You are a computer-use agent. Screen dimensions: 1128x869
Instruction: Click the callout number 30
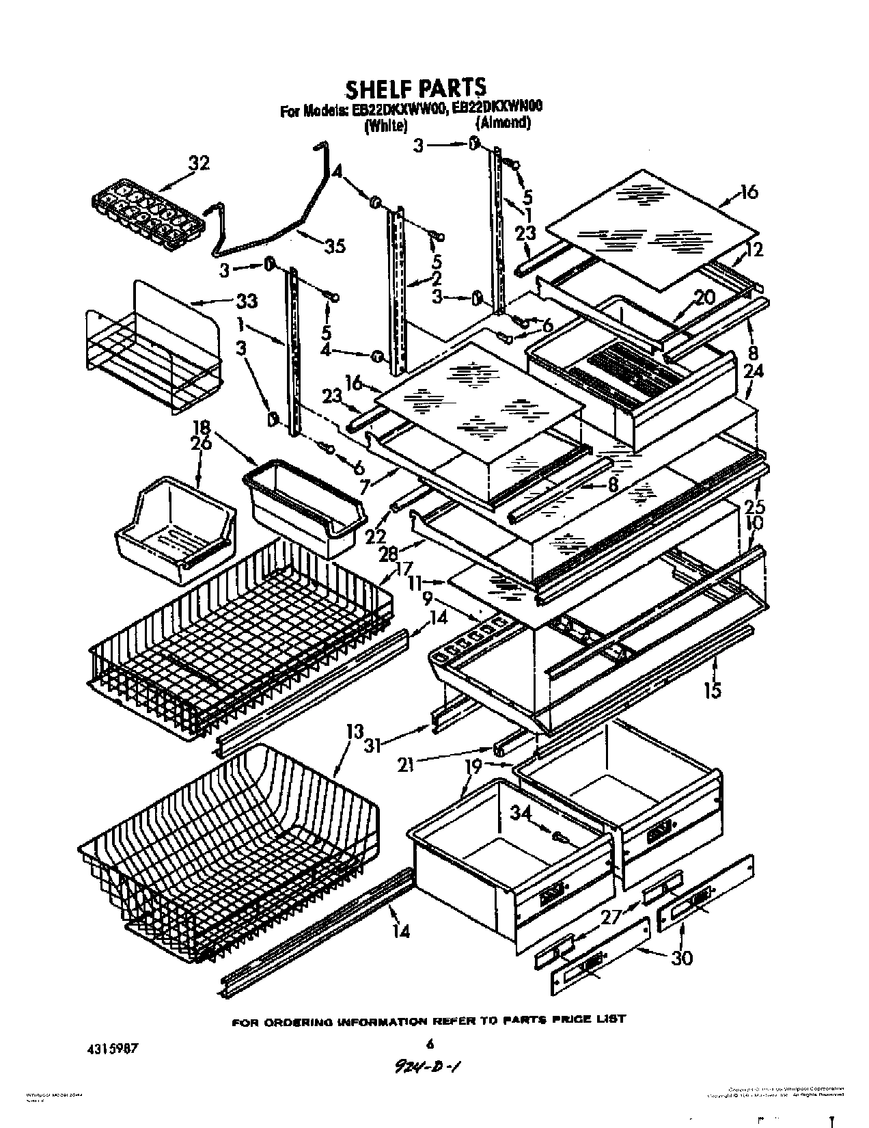pyautogui.click(x=681, y=957)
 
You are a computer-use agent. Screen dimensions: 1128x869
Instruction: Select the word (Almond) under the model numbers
pyautogui.click(x=502, y=123)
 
